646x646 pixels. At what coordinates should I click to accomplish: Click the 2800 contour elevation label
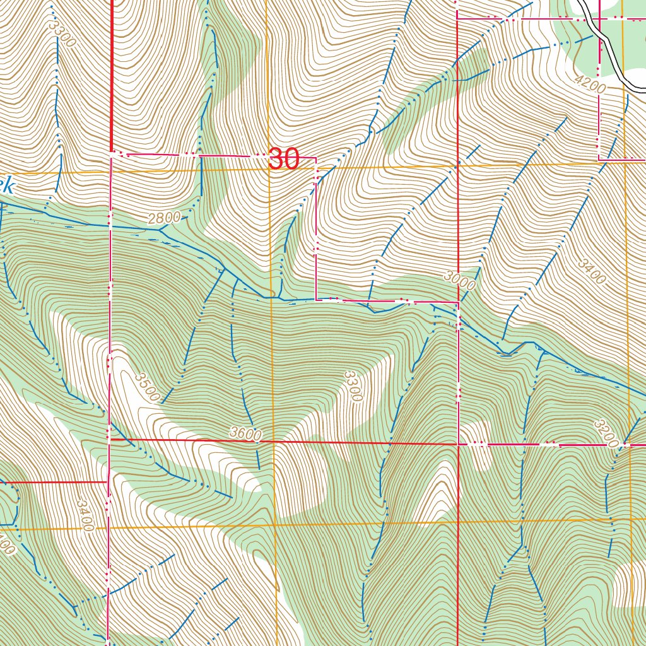pyautogui.click(x=164, y=219)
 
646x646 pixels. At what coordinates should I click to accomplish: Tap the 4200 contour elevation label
pyautogui.click(x=590, y=84)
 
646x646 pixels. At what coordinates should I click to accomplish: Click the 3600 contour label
pyautogui.click(x=245, y=433)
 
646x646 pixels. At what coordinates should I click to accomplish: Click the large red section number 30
pyautogui.click(x=283, y=160)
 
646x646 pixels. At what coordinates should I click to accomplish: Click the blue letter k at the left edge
pyautogui.click(x=6, y=186)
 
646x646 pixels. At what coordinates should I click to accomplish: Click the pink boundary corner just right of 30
pyautogui.click(x=315, y=158)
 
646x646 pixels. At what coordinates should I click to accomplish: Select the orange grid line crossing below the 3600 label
pyautogui.click(x=275, y=525)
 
